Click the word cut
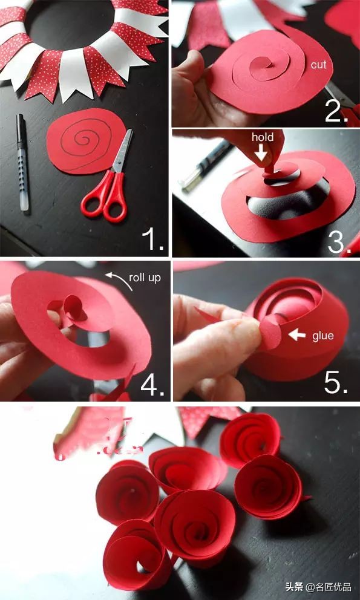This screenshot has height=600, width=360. tap(318, 65)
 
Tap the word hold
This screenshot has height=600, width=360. tap(263, 137)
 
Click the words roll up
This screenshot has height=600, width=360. tap(145, 278)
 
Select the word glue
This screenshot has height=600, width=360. tap(323, 336)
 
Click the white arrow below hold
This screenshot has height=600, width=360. tap(261, 154)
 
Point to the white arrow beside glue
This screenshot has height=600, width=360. tap(297, 335)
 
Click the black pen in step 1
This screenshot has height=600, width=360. tap(22, 162)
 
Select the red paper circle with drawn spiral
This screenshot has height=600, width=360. tap(85, 140)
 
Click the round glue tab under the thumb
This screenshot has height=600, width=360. tap(270, 332)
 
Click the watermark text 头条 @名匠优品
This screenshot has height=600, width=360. tap(318, 586)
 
